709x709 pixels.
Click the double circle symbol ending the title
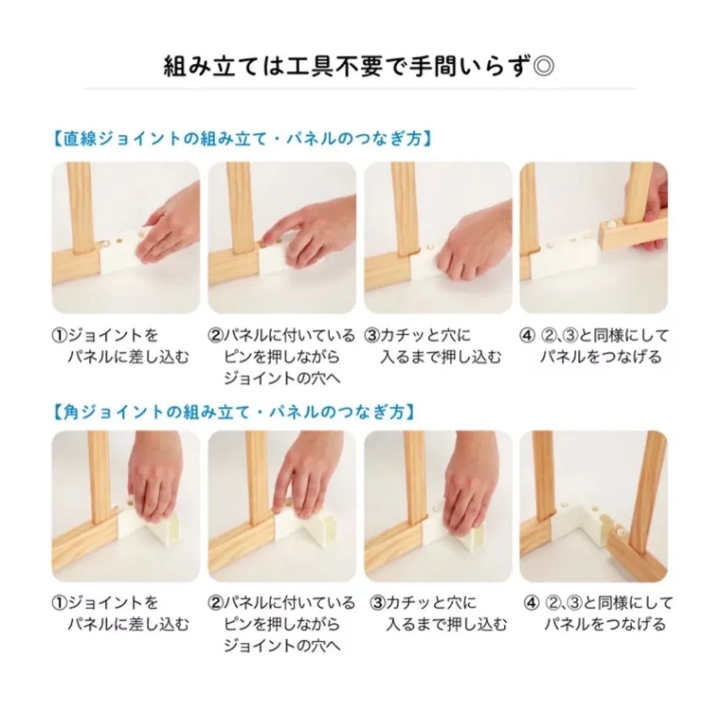[543, 65]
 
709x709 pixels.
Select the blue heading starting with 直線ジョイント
[239, 140]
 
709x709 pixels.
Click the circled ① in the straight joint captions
[58, 336]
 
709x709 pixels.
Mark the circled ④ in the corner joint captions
[531, 603]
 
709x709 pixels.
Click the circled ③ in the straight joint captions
[372, 336]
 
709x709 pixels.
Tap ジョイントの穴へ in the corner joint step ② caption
[282, 646]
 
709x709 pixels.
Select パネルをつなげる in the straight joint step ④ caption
[601, 357]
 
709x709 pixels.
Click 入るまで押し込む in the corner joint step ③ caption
[446, 625]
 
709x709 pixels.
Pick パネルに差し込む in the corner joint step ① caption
[128, 625]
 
